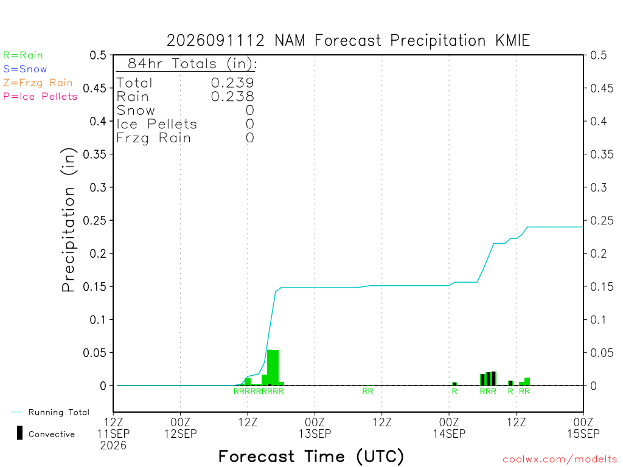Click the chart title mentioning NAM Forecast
[x=348, y=41]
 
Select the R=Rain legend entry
[x=23, y=55]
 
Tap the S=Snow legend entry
[x=25, y=69]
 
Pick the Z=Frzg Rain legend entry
[x=38, y=83]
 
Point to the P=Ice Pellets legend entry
[x=40, y=97]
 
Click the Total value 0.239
[x=232, y=83]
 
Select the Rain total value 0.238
[x=232, y=97]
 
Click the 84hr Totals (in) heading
[x=192, y=63]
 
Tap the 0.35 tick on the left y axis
[x=94, y=154]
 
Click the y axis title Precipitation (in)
[x=68, y=220]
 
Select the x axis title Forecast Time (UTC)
[x=311, y=456]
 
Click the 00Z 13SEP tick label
[x=315, y=427]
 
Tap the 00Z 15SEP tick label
[x=583, y=427]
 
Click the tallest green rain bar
[x=270, y=367]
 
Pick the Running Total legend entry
[x=50, y=412]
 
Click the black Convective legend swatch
[x=19, y=433]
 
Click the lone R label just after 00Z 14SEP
[x=454, y=391]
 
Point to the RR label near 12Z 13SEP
[x=367, y=391]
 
